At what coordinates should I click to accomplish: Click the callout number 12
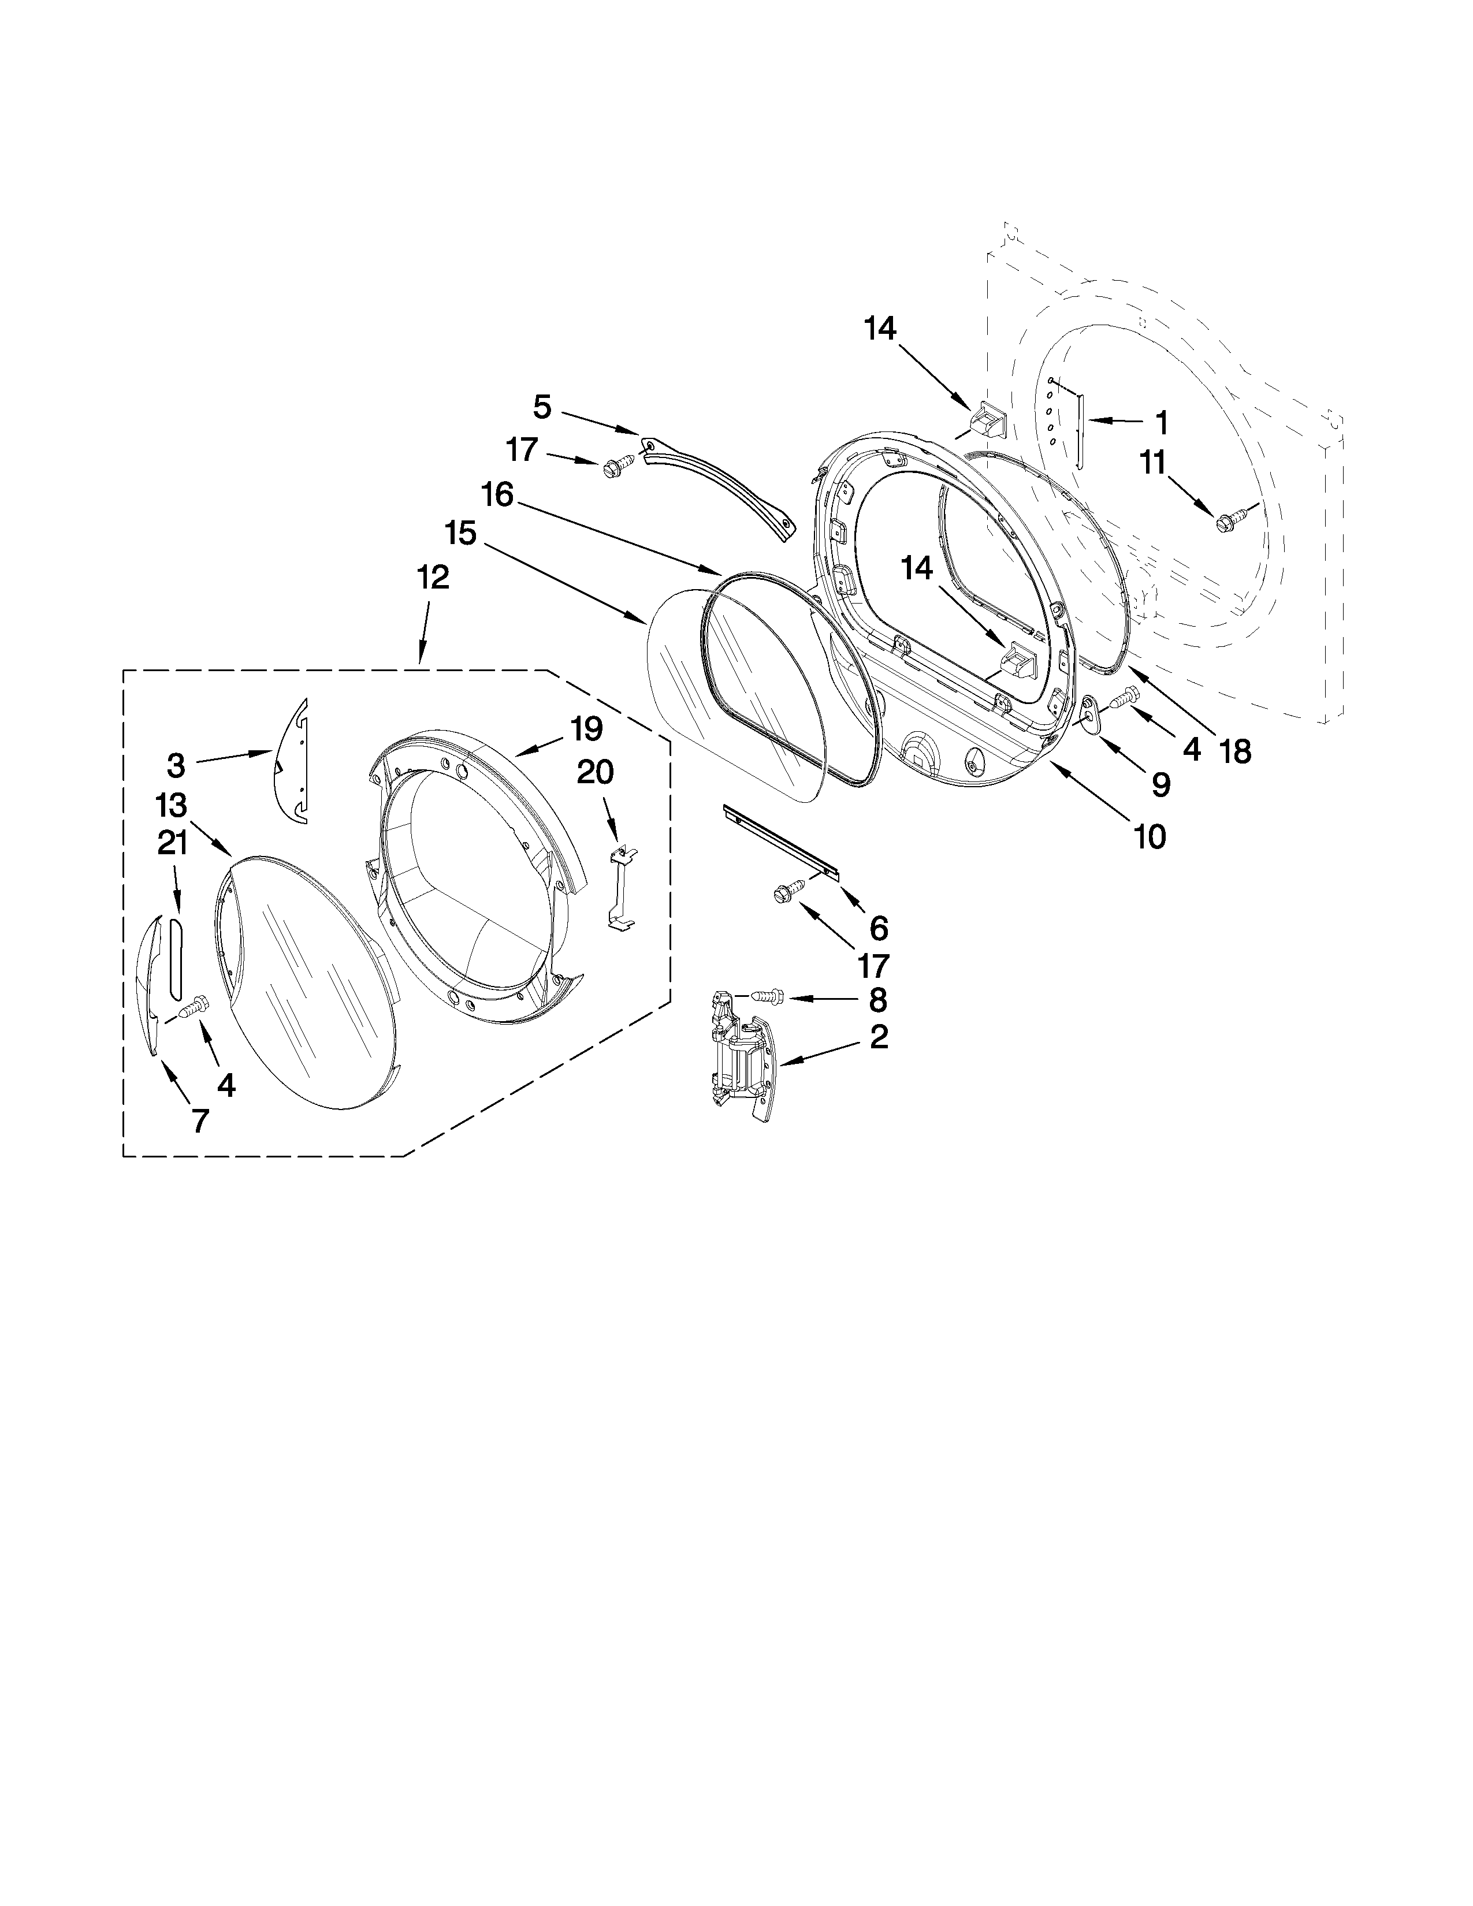click(433, 578)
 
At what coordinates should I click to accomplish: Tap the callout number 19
click(586, 729)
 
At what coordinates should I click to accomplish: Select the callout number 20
click(594, 772)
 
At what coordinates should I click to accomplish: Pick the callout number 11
click(1155, 463)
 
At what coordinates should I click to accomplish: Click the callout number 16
click(497, 496)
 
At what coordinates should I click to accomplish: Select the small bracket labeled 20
click(620, 888)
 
